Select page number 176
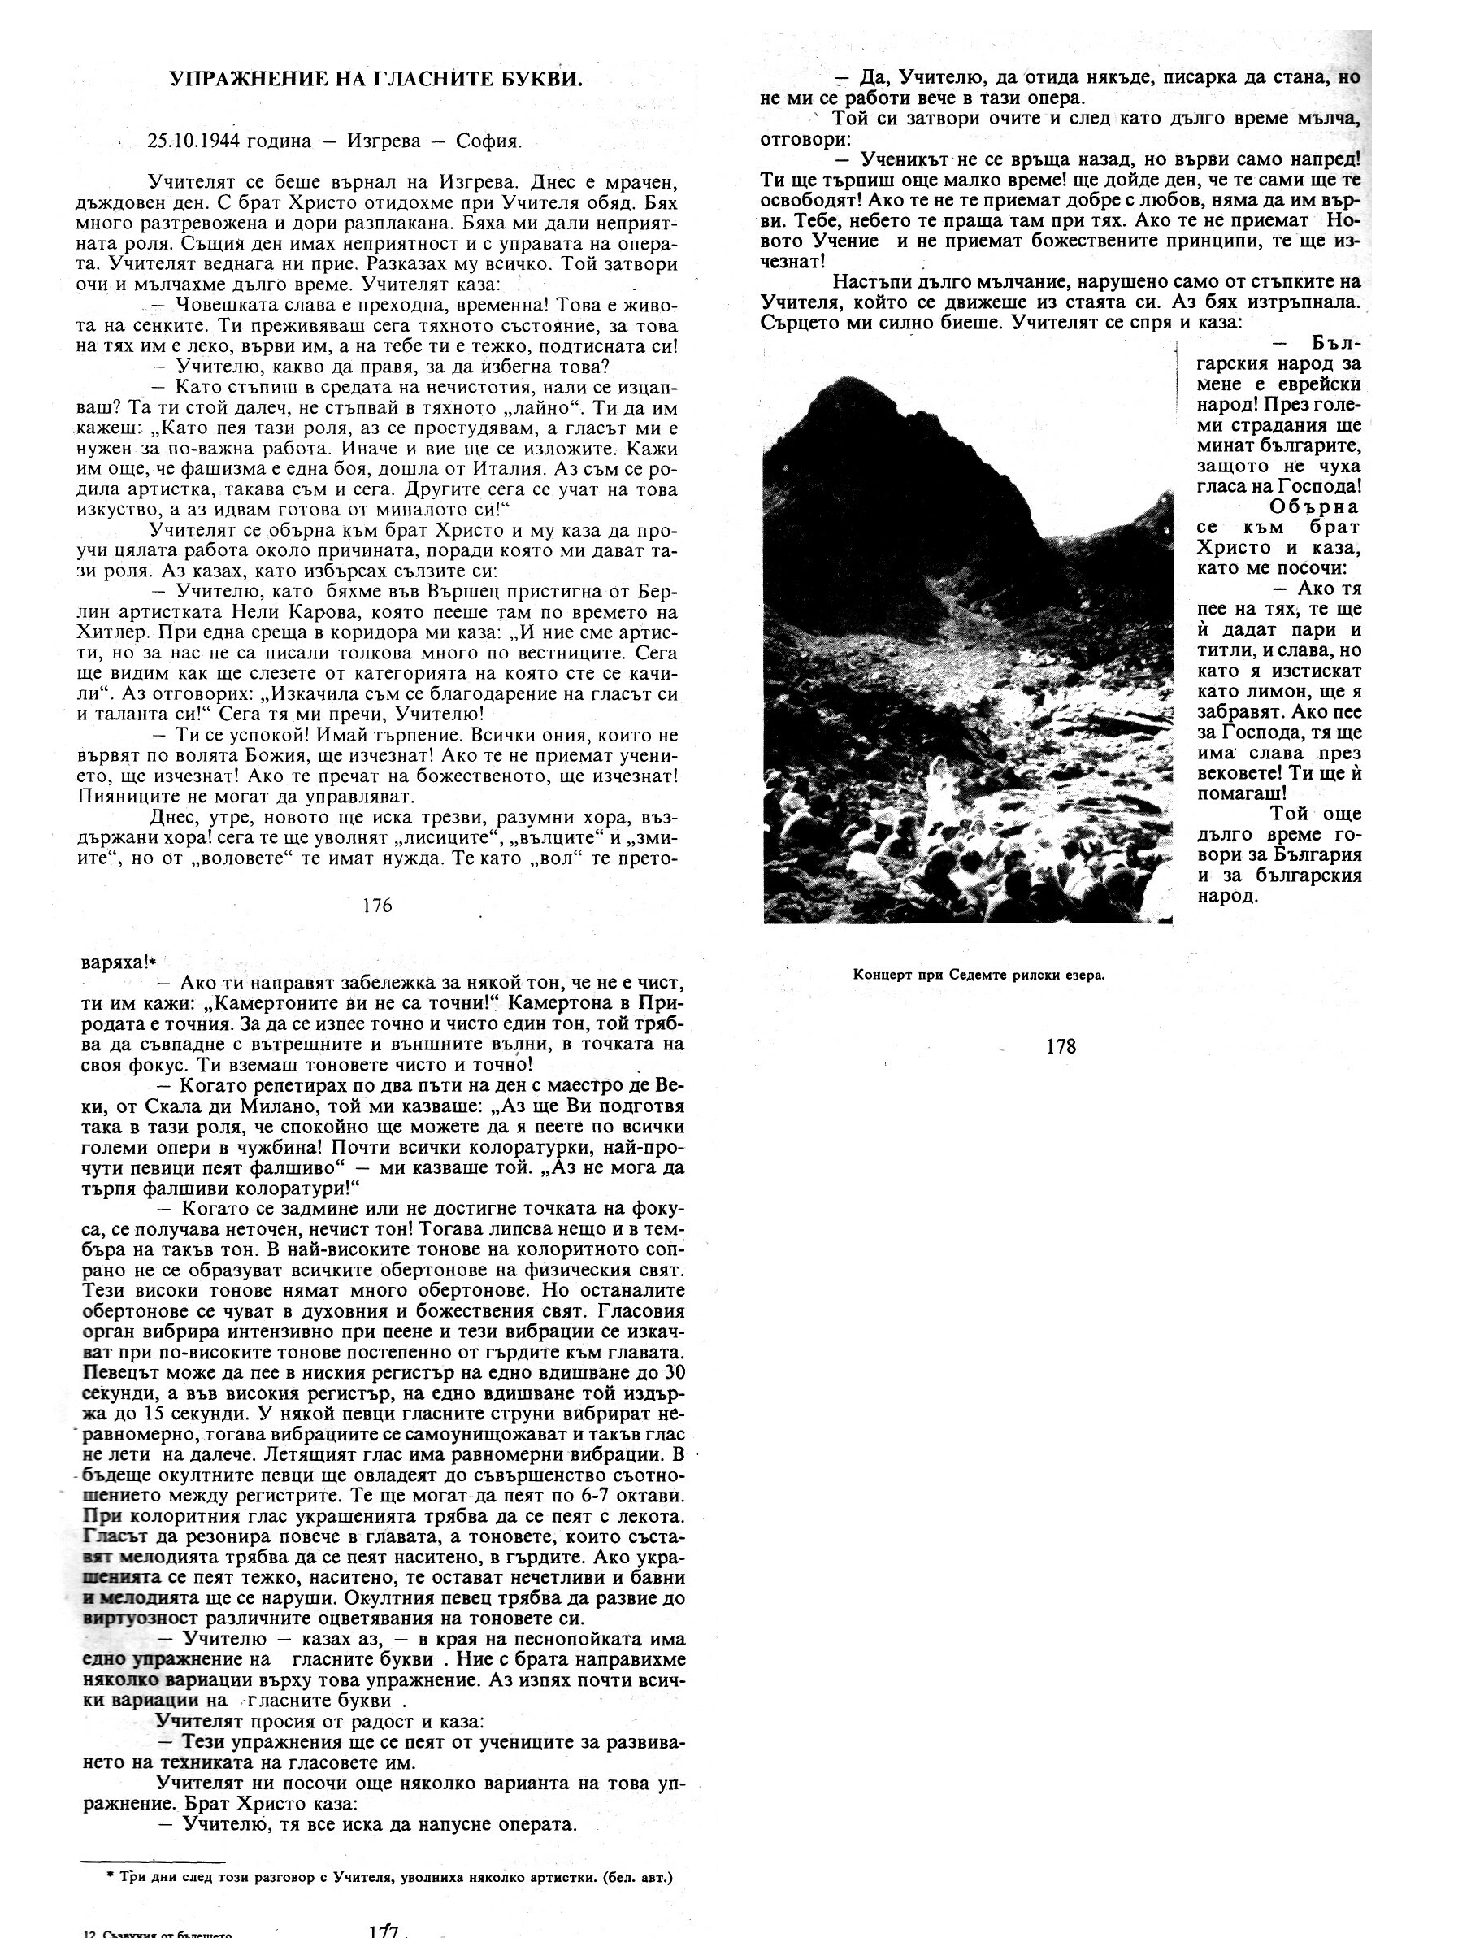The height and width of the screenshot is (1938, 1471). [377, 906]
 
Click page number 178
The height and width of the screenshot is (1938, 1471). [1061, 1046]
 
